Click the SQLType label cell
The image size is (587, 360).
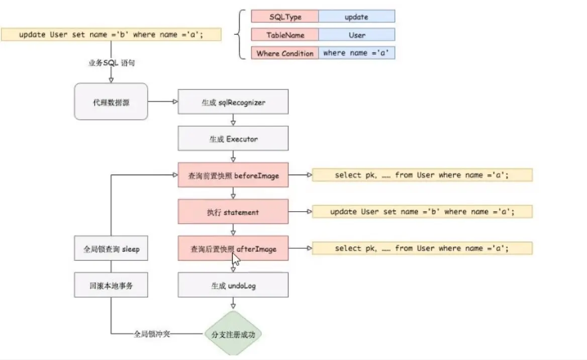[x=285, y=17]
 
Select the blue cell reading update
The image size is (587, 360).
[x=357, y=17]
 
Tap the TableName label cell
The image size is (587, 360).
[x=285, y=35]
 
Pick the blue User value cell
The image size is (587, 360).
[x=357, y=35]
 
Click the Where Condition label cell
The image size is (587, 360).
[x=285, y=53]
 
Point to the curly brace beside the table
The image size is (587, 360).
[x=240, y=35]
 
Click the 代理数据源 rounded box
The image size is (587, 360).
[x=111, y=102]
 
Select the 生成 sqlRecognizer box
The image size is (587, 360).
[x=233, y=102]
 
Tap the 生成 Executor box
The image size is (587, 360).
[x=233, y=138]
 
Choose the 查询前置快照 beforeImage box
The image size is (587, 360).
[x=233, y=175]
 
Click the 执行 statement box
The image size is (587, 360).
[x=233, y=212]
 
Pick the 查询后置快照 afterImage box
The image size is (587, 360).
[x=233, y=248]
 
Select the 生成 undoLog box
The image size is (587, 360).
[x=233, y=285]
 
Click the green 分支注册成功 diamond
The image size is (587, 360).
[x=233, y=333]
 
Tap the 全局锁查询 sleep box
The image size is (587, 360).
[x=111, y=248]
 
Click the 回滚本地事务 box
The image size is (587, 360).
[x=111, y=285]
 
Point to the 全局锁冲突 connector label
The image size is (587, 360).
[x=152, y=334]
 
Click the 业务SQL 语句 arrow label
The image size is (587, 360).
[x=112, y=62]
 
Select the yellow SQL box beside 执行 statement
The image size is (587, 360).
[x=422, y=212]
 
